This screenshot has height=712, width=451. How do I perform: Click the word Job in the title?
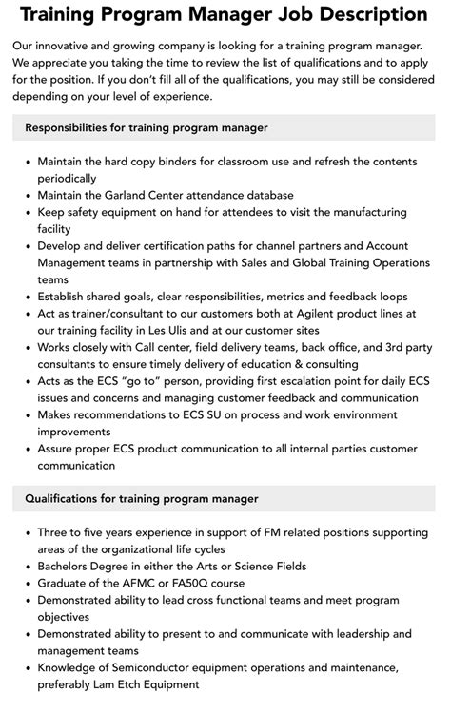click(x=299, y=15)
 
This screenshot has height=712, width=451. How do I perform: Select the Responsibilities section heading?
click(x=147, y=127)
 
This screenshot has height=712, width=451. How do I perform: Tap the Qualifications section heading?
click(x=141, y=498)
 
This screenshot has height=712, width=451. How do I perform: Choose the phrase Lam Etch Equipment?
click(x=146, y=684)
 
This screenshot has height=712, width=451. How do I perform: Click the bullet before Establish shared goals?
click(x=26, y=297)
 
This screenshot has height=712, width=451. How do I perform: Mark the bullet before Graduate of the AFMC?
click(x=26, y=583)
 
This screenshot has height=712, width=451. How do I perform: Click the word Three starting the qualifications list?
click(x=55, y=532)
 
